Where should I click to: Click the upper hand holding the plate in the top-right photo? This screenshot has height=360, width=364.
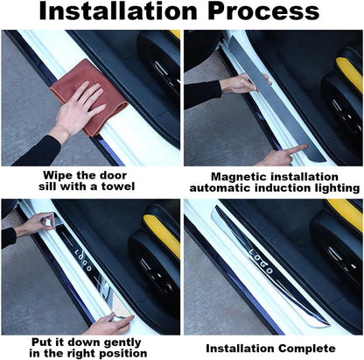[x=237, y=84]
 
